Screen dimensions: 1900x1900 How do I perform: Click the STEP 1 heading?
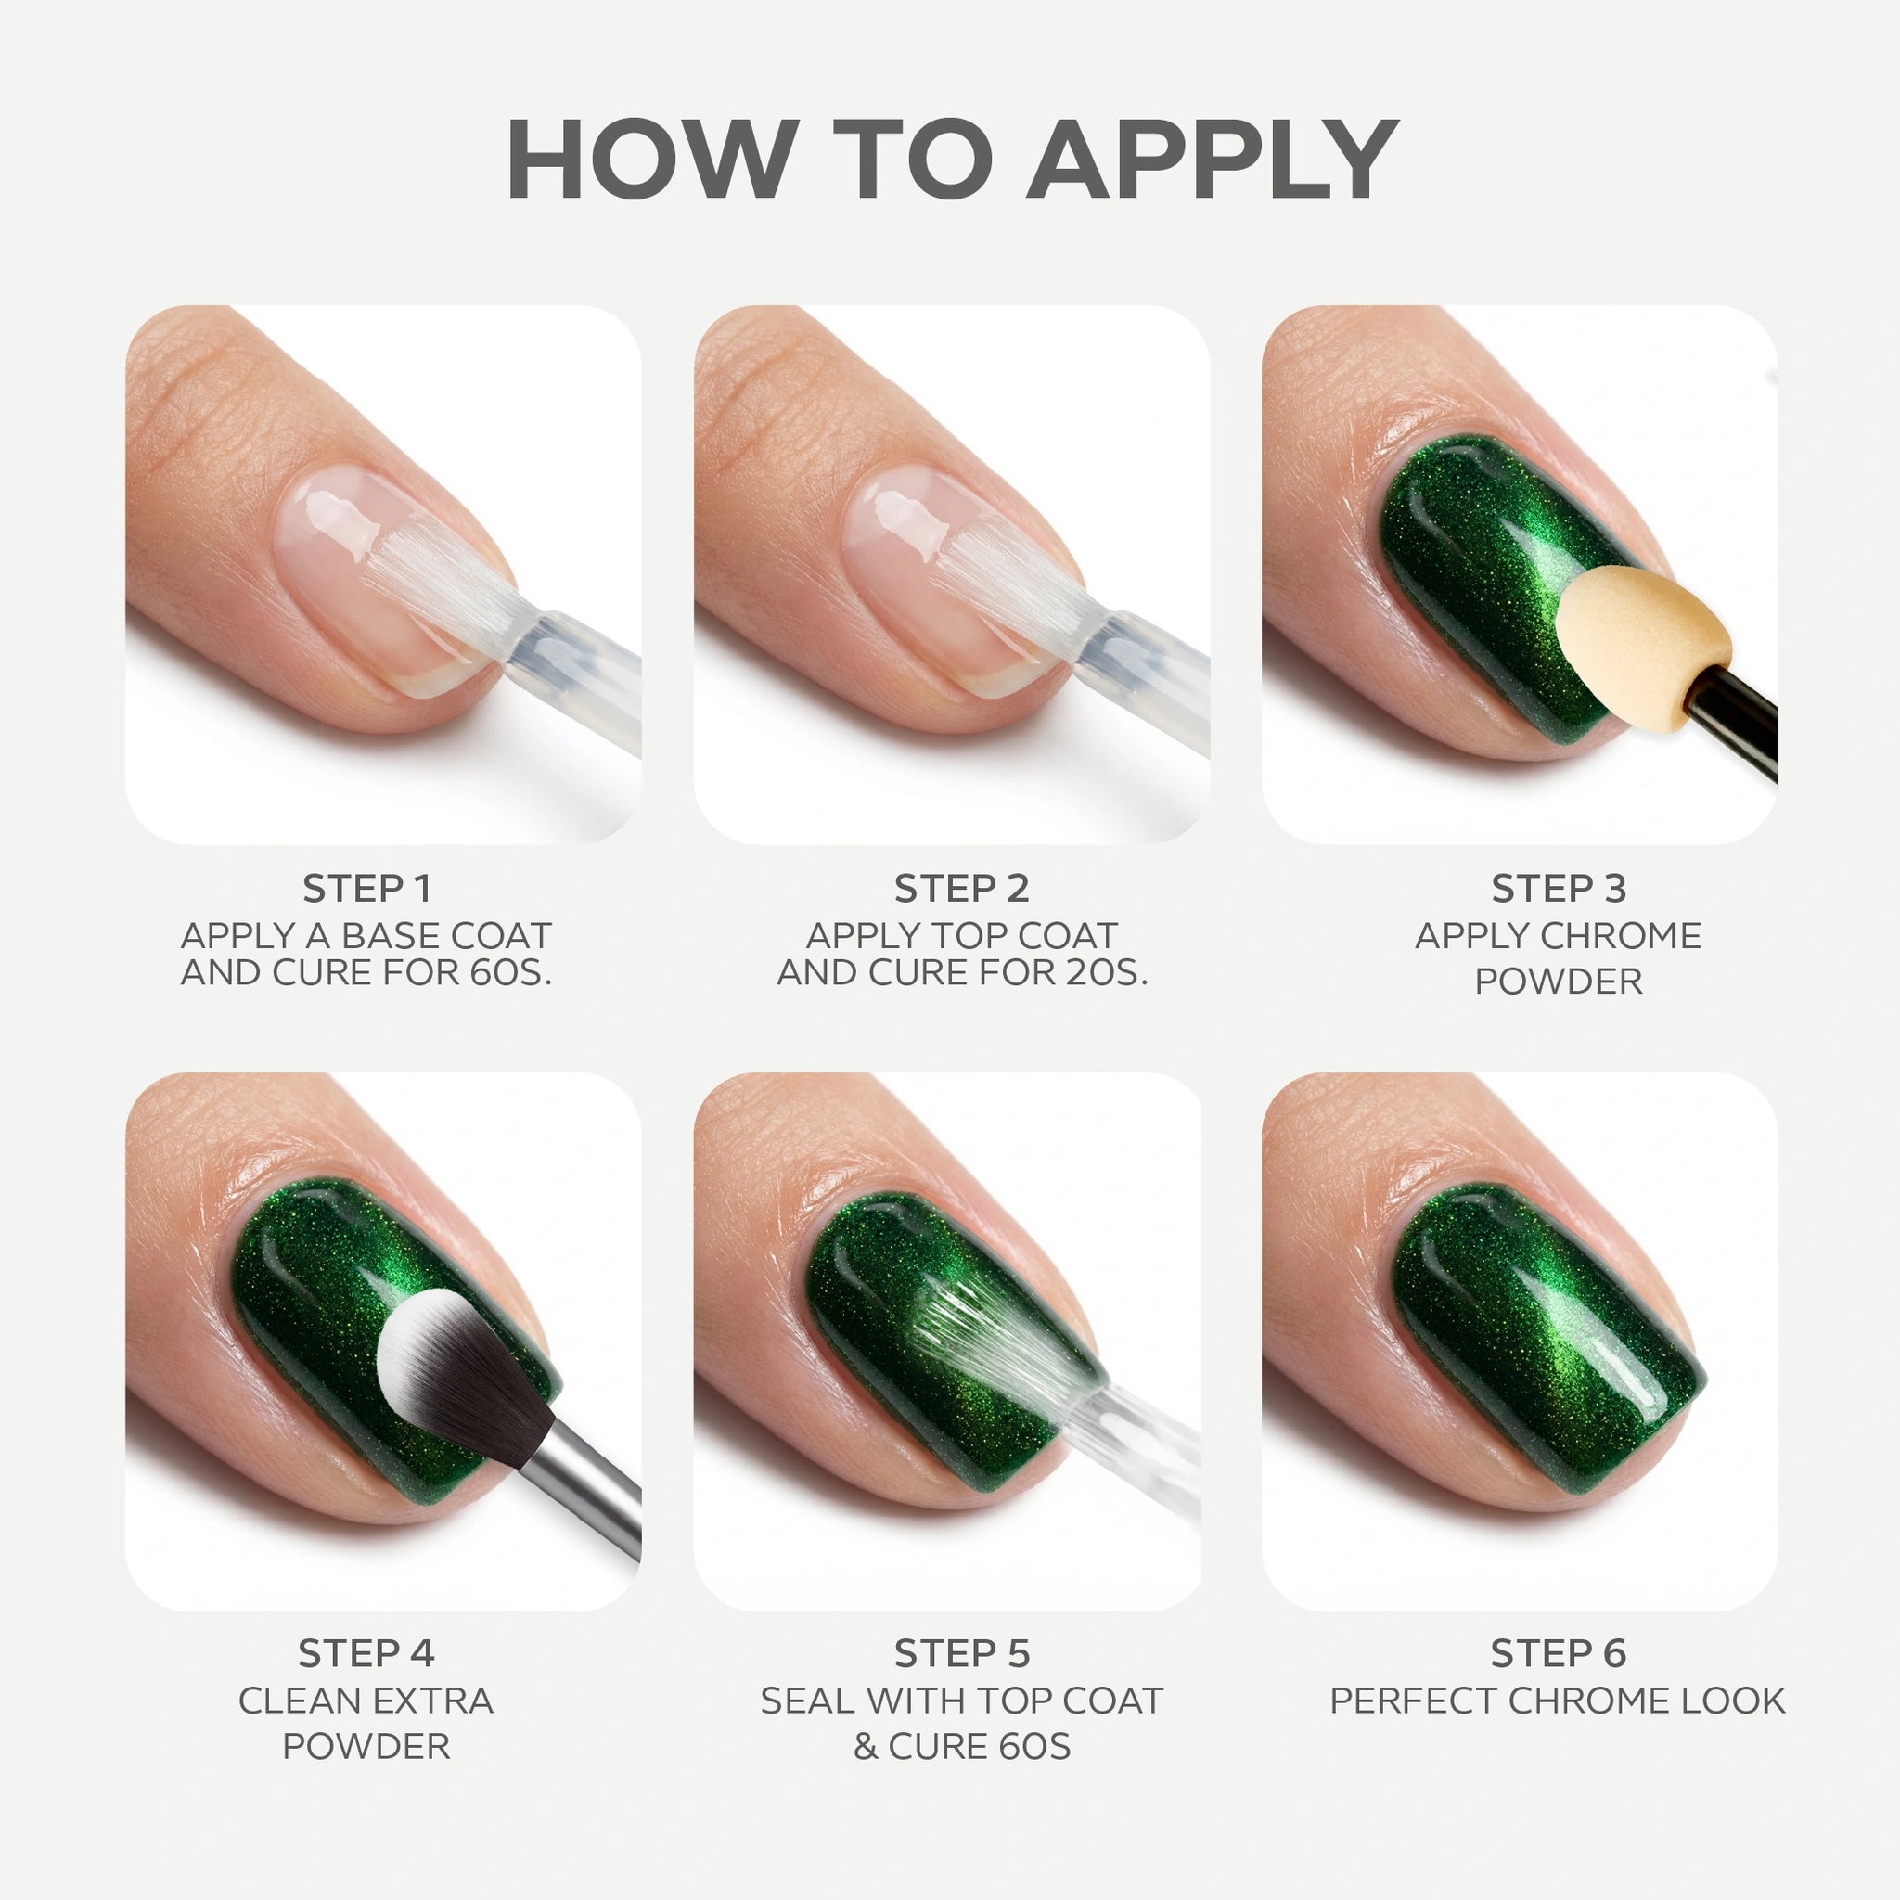[x=366, y=888]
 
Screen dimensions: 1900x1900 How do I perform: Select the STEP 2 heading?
[x=961, y=888]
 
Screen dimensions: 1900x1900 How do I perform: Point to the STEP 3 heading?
[x=1558, y=888]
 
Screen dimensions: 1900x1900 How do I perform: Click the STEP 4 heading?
[x=366, y=1653]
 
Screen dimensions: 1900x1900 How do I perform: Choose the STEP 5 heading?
[x=961, y=1653]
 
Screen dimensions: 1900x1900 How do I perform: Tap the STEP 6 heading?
[x=1558, y=1653]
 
